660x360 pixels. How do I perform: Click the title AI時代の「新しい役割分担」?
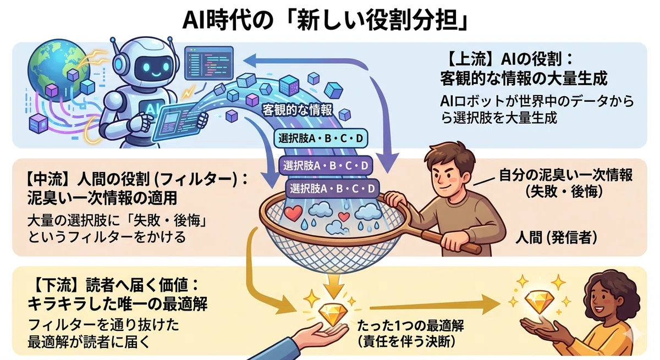(325, 20)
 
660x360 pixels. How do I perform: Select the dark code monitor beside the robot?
(208, 63)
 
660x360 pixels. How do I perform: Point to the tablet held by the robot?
(176, 123)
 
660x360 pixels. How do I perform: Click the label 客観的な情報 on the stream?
(298, 110)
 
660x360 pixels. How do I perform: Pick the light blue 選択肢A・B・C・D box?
(321, 138)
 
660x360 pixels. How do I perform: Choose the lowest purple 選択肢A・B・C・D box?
(332, 189)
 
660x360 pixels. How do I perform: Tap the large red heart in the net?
(293, 213)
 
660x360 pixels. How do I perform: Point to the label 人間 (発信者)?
(556, 237)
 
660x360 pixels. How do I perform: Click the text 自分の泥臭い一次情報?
(566, 175)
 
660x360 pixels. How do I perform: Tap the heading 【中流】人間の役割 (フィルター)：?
(137, 179)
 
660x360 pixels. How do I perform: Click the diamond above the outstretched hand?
(333, 315)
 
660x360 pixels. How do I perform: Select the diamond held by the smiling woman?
(540, 302)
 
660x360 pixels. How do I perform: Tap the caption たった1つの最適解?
(410, 325)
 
